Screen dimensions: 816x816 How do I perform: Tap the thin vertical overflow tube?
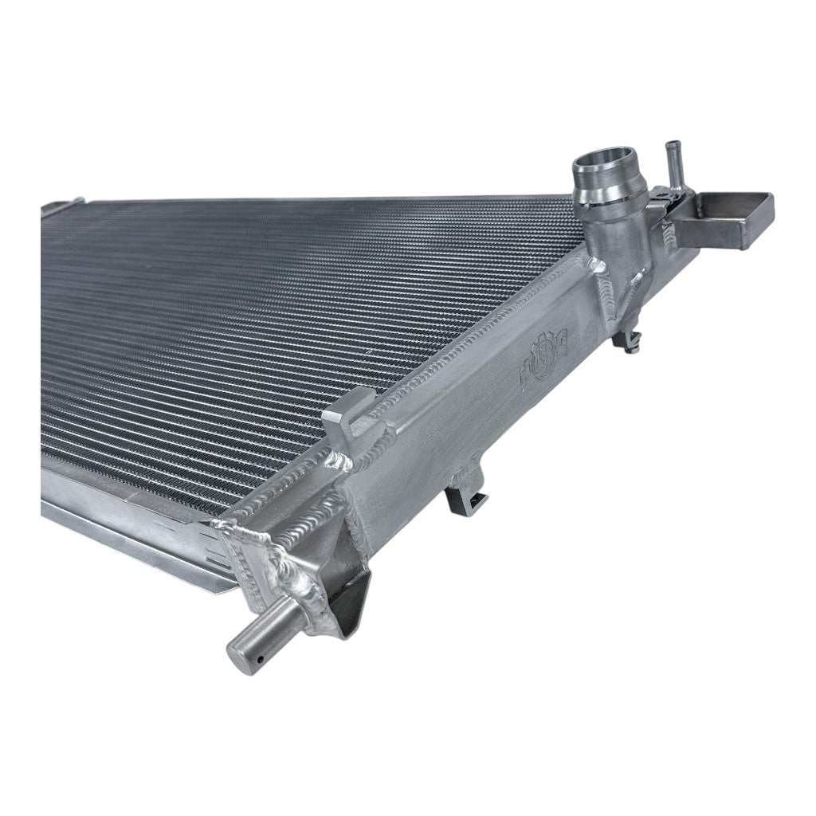[669, 163]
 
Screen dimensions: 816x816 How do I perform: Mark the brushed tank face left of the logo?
[446, 430]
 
